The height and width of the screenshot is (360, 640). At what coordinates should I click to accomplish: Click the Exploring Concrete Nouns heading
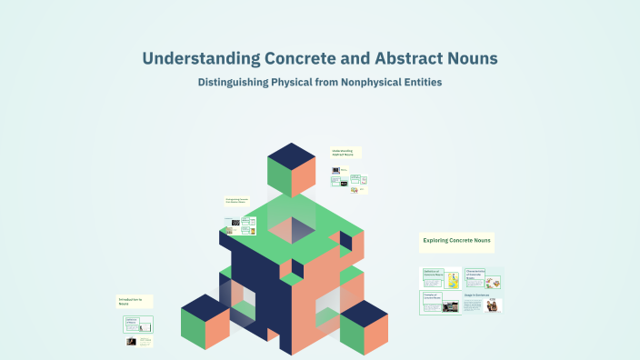coord(456,241)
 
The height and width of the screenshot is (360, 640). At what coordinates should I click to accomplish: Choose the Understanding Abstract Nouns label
coord(346,154)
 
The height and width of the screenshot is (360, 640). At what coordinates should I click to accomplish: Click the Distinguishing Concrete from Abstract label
coord(237,201)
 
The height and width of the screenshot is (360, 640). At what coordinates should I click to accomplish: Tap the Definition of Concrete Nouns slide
coord(440,278)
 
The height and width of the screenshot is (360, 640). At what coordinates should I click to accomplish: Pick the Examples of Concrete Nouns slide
coord(440,302)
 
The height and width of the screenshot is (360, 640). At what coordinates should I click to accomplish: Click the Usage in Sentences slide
coord(483,304)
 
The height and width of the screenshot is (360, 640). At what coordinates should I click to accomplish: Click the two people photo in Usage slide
coord(492,306)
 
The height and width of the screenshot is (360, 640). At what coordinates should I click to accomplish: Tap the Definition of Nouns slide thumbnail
coord(139,325)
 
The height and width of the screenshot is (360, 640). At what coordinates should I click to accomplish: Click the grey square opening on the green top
coord(292,229)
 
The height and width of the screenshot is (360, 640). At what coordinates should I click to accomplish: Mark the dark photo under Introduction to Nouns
coord(132,342)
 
